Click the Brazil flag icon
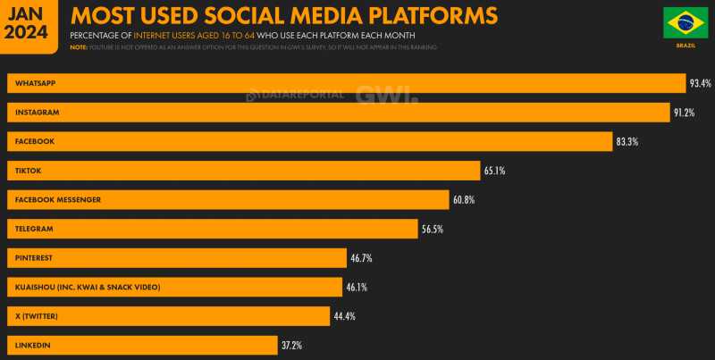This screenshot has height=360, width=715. point(686,23)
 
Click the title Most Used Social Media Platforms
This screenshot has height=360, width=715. point(284,16)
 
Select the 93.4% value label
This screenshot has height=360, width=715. point(700,83)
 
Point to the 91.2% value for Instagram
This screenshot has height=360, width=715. point(685,113)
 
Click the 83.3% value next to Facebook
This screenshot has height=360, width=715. point(627,141)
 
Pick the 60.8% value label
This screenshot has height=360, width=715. point(465,199)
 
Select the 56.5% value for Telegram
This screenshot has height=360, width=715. point(433,229)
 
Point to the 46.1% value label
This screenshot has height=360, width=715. point(357,287)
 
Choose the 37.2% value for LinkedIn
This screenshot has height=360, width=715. point(293,345)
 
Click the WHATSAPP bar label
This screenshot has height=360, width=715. point(35,83)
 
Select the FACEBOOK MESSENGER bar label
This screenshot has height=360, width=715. point(56,199)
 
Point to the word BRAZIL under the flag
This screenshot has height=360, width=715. point(686,43)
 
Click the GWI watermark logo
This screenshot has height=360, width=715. point(386,95)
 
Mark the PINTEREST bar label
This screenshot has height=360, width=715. point(34,257)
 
